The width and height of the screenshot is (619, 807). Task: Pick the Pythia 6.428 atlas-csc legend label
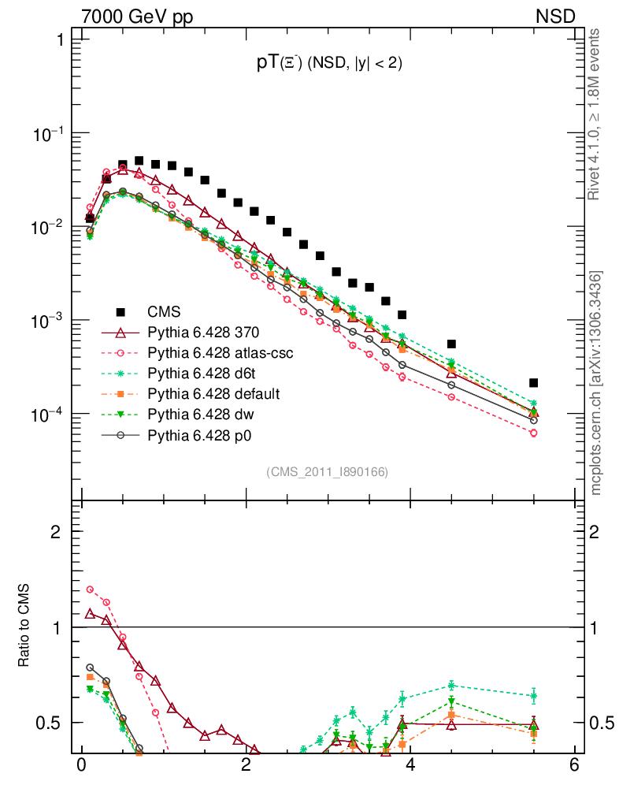click(x=221, y=353)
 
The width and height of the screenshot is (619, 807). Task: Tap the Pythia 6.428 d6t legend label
click(x=206, y=374)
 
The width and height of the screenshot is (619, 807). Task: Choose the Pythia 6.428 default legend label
click(x=214, y=393)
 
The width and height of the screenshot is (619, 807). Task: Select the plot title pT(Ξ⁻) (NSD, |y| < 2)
click(x=330, y=65)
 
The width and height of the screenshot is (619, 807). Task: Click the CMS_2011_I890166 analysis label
click(x=327, y=471)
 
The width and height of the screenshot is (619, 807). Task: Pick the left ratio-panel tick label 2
click(x=57, y=532)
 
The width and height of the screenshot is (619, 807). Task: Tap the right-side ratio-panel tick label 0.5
click(x=602, y=723)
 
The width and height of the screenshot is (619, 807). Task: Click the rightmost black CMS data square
click(x=533, y=383)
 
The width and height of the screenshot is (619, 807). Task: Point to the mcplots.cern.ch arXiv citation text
click(x=596, y=383)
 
